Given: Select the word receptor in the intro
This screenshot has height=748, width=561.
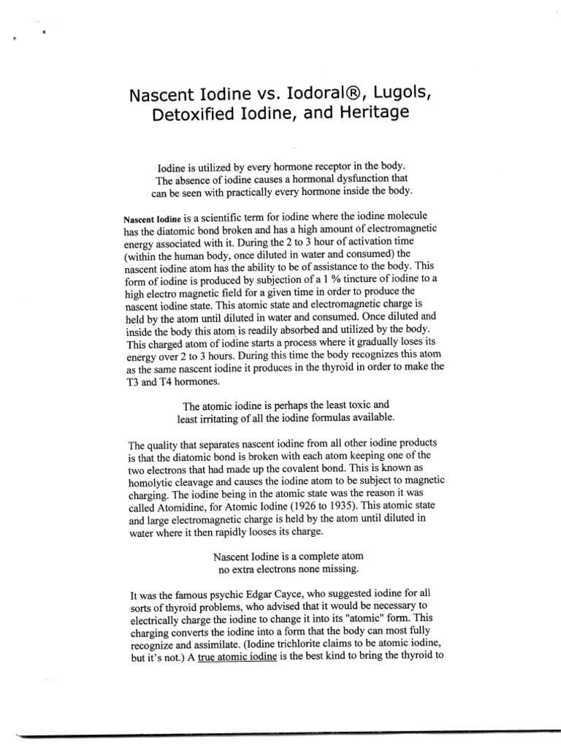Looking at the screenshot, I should coord(324,167).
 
